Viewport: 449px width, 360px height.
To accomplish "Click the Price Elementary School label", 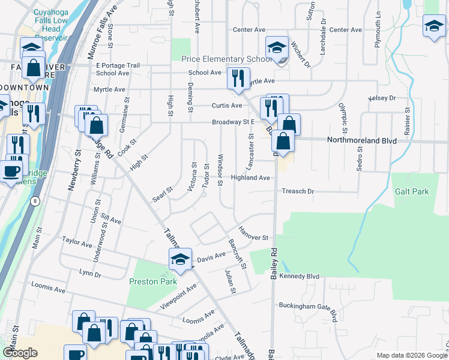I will tap(226, 59).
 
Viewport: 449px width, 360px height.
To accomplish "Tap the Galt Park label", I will tap(412, 191).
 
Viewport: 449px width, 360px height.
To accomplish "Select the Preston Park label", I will tap(153, 281).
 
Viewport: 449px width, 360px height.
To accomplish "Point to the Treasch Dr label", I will tap(298, 191).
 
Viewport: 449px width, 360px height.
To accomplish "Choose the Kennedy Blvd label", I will tap(303, 276).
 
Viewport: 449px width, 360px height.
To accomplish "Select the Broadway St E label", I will tap(234, 122).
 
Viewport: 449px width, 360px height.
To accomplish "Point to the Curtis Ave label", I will tap(227, 106).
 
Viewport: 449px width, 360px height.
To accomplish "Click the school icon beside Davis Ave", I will tap(179, 259).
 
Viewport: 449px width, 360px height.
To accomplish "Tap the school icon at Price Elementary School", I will tap(277, 47).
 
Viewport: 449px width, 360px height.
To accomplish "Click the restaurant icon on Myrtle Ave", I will tap(238, 77).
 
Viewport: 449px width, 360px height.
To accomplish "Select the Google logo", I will tap(20, 353).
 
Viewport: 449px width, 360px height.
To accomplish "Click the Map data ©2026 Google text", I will tap(411, 355).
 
